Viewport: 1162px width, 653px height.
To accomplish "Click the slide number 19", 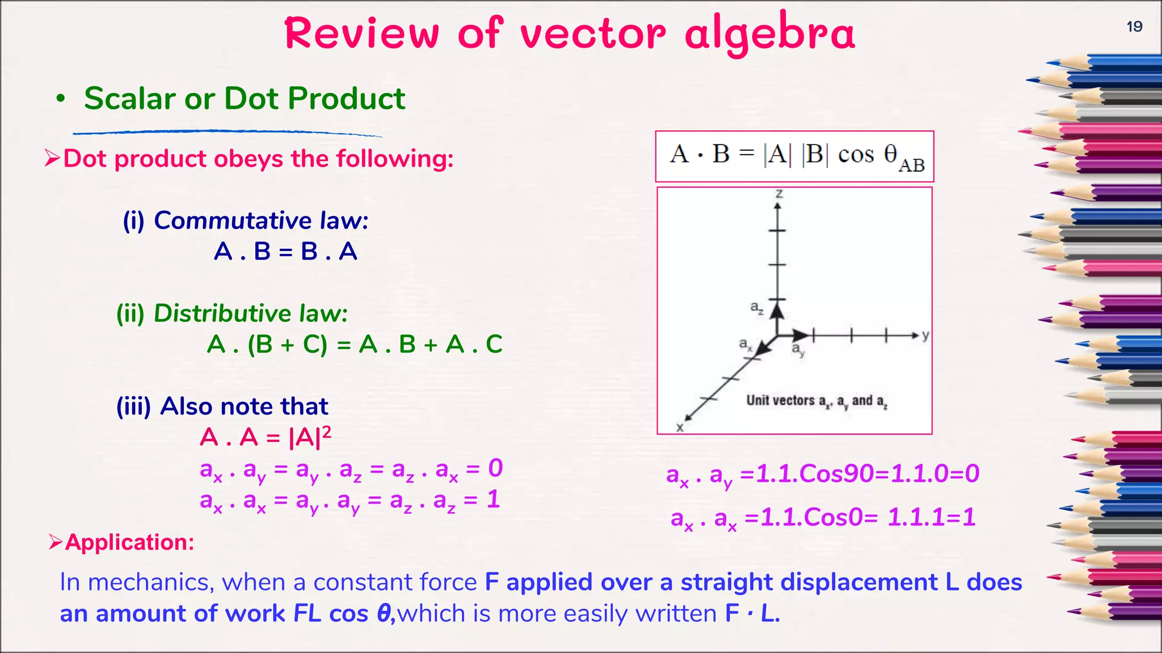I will point(1134,27).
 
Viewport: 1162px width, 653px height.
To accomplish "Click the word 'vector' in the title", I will point(593,34).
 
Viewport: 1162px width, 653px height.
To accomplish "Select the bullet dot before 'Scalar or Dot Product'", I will point(61,99).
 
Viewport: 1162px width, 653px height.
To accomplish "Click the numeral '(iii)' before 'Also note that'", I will point(133,406).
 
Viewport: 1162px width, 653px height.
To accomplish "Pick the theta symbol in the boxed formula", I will point(891,153).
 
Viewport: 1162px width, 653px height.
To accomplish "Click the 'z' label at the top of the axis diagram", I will point(779,194).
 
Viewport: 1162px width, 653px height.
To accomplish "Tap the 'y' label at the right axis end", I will point(925,335).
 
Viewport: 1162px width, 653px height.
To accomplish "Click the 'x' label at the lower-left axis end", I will point(680,427).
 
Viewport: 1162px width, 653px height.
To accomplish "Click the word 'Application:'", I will point(129,542).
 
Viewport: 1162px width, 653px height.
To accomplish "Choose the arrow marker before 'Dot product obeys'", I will point(52,159).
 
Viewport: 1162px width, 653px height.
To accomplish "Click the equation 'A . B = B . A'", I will point(285,251).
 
